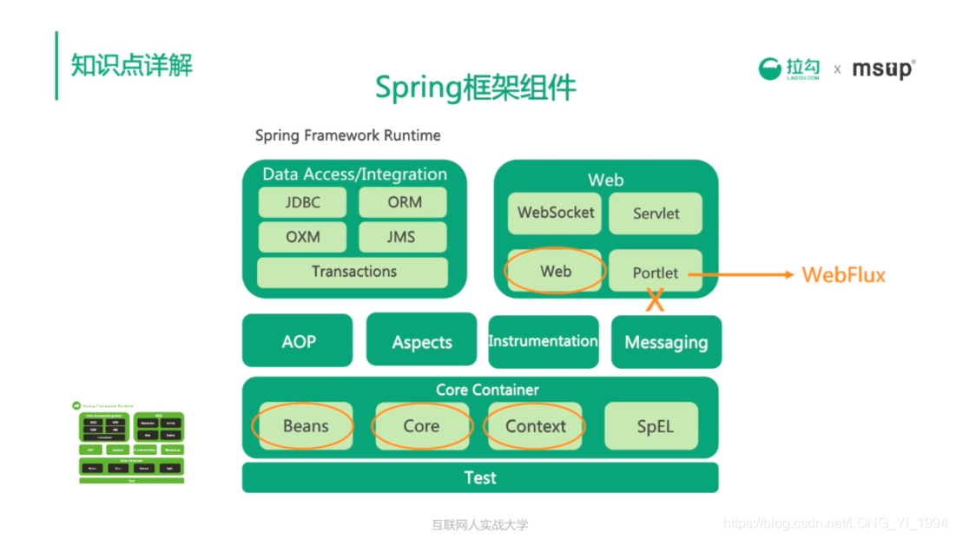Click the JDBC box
coord(302,202)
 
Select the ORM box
coord(403,202)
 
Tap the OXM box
coord(302,237)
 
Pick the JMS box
coord(403,237)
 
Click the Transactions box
coord(353,272)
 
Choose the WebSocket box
coord(556,213)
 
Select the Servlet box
coord(656,214)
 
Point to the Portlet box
coord(656,272)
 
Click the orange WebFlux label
coord(843,275)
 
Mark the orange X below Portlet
coord(656,301)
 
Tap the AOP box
coord(298,340)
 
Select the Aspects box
coord(421,340)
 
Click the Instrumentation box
coord(543,341)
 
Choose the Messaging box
coord(666,341)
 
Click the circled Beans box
coord(304,426)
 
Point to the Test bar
coord(480,477)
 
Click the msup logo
coord(882,69)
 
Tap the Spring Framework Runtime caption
coord(347,135)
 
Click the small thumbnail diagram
coord(131,443)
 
